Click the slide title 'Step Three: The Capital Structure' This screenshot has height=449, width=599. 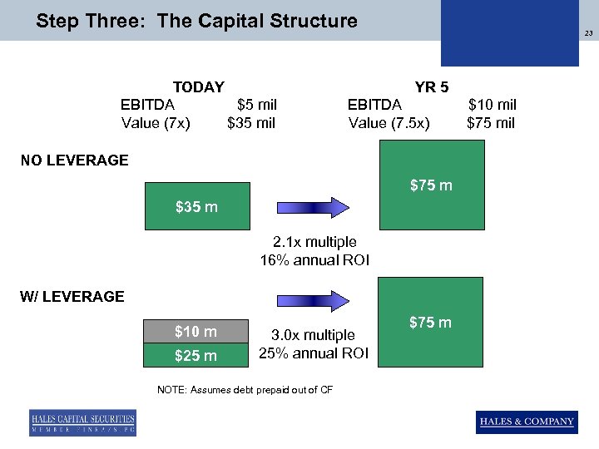pyautogui.click(x=196, y=21)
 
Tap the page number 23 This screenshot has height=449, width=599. pyautogui.click(x=587, y=34)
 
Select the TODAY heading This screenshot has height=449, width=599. pyautogui.click(x=198, y=86)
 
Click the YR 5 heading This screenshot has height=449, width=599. pyautogui.click(x=432, y=86)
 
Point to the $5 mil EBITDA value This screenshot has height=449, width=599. pyautogui.click(x=256, y=105)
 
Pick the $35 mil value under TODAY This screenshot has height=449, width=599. pyautogui.click(x=251, y=124)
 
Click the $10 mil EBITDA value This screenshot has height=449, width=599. pyautogui.click(x=492, y=105)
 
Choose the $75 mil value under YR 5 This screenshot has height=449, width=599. pyautogui.click(x=491, y=124)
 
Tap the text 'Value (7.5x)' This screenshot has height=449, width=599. pyautogui.click(x=389, y=124)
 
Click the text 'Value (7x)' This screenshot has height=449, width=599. pyautogui.click(x=156, y=124)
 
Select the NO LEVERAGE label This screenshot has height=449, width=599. pyautogui.click(x=75, y=160)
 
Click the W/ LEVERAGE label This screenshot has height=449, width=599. pyautogui.click(x=72, y=296)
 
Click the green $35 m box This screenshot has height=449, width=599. pyautogui.click(x=197, y=206)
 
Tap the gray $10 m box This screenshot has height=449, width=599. pyautogui.click(x=197, y=332)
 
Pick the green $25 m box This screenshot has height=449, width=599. pyautogui.click(x=197, y=355)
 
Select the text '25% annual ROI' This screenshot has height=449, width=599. pyautogui.click(x=314, y=353)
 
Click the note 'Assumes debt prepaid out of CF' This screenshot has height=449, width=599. pyautogui.click(x=245, y=390)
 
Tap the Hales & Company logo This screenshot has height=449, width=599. pyautogui.click(x=527, y=422)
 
